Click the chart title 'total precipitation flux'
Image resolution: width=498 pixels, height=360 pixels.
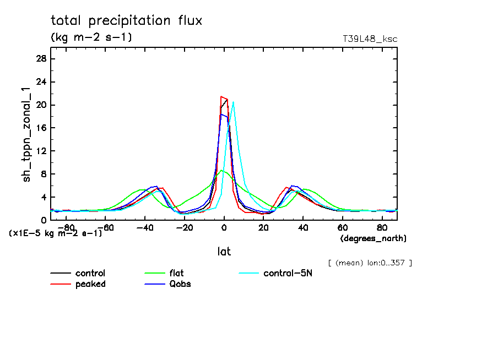[127, 21]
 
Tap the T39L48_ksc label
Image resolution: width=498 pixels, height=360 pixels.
[370, 39]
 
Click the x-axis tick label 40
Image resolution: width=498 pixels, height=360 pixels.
[303, 227]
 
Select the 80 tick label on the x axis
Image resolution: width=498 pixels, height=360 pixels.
[382, 227]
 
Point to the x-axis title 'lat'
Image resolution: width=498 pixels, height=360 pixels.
[224, 252]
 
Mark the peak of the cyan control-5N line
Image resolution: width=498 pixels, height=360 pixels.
[234, 102]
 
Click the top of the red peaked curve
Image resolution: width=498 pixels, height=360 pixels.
[221, 97]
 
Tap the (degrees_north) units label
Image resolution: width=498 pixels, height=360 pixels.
[373, 238]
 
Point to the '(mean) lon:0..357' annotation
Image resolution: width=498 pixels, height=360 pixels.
[370, 263]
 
